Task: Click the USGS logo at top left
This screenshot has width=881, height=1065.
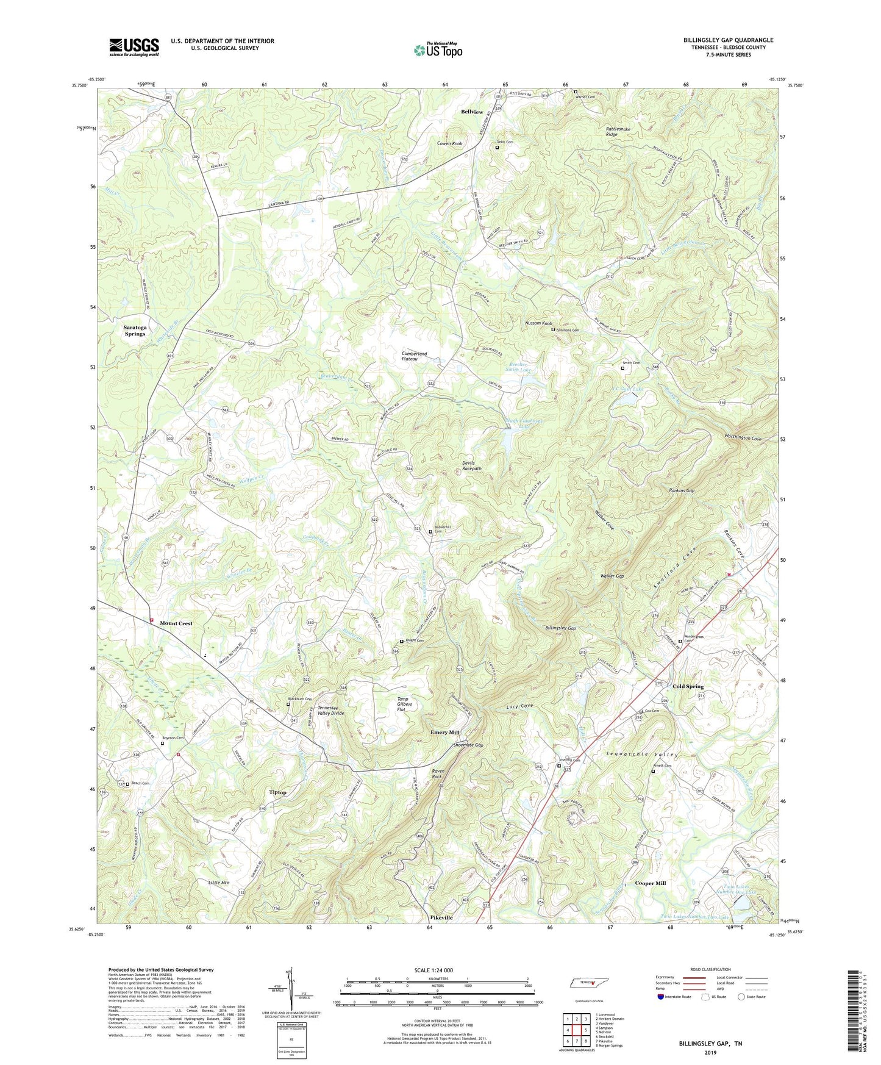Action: pos(134,47)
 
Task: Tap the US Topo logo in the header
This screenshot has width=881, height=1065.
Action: pos(437,50)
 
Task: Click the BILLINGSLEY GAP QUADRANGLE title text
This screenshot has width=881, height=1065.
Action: pos(728,40)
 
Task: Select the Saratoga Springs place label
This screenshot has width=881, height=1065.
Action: pos(135,331)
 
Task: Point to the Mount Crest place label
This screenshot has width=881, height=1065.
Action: pos(176,623)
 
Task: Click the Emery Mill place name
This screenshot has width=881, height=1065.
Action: pos(444,732)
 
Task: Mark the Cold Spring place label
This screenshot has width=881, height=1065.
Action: pos(688,686)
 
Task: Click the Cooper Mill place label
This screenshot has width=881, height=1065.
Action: pos(651,883)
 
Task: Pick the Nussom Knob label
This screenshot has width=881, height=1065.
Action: pos(538,323)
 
